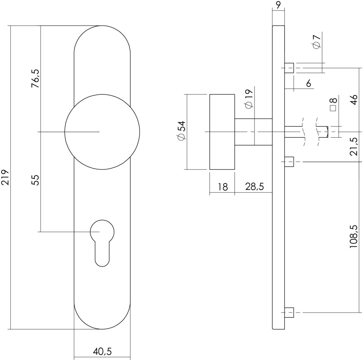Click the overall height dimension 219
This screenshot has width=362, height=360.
(5, 178)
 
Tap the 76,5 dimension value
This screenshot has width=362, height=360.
(35, 79)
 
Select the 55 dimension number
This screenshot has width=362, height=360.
(35, 180)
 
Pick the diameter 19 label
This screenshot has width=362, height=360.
(249, 99)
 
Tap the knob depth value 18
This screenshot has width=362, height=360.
(223, 187)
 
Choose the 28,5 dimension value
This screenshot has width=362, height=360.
(254, 187)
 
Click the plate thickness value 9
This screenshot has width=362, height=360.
(278, 5)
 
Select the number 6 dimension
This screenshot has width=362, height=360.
(308, 83)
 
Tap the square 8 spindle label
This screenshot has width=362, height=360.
(334, 105)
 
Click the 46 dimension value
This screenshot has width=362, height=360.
(354, 100)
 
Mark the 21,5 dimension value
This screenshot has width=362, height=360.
(354, 146)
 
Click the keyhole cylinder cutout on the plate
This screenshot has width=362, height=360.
(102, 243)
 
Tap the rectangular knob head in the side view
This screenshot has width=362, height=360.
(222, 132)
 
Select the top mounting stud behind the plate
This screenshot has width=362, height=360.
(289, 68)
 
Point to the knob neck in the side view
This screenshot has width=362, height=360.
(253, 132)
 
